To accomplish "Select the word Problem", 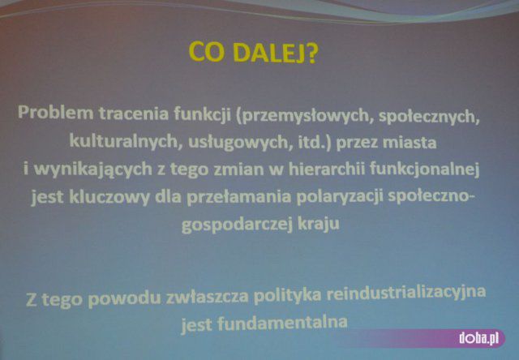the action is click(56, 113).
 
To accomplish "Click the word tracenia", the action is click(134, 113).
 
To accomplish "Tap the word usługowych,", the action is click(241, 143).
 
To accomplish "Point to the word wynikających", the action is click(93, 169).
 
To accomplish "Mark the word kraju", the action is click(319, 224).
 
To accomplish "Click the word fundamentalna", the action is click(282, 322).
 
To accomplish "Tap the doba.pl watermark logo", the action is click(479, 338).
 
